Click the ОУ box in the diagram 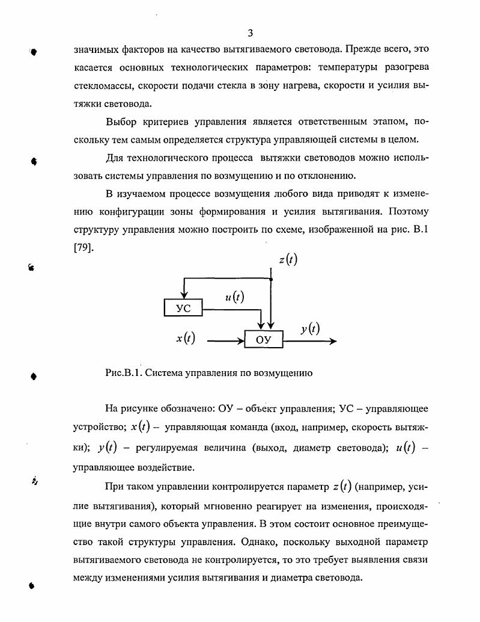263,340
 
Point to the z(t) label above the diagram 288,259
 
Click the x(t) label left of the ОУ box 186,339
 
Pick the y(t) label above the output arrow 310,328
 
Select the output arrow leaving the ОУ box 310,340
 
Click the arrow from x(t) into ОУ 225,340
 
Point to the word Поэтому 409,212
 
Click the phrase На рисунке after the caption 130,410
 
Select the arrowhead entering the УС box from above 183,295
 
